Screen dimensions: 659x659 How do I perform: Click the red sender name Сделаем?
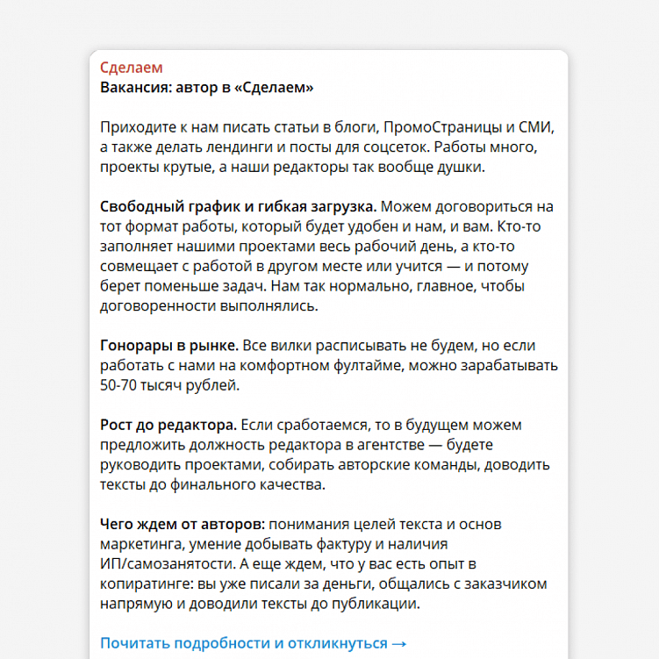point(131,68)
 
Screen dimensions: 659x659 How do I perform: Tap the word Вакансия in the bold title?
point(134,88)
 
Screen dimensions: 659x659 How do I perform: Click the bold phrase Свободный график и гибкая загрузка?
point(238,207)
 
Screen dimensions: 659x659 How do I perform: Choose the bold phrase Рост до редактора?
point(168,425)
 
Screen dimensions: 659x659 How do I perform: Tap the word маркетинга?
point(142,545)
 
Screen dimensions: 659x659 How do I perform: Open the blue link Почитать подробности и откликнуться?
point(243,643)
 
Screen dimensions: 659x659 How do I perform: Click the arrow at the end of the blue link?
point(399,643)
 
